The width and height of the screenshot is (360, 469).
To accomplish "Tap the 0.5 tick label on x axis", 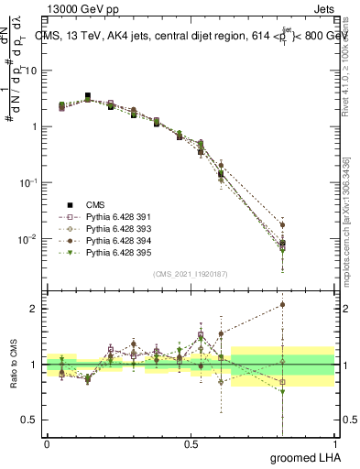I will tap(191, 442).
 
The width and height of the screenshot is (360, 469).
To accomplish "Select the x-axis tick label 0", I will tap(47, 442).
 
